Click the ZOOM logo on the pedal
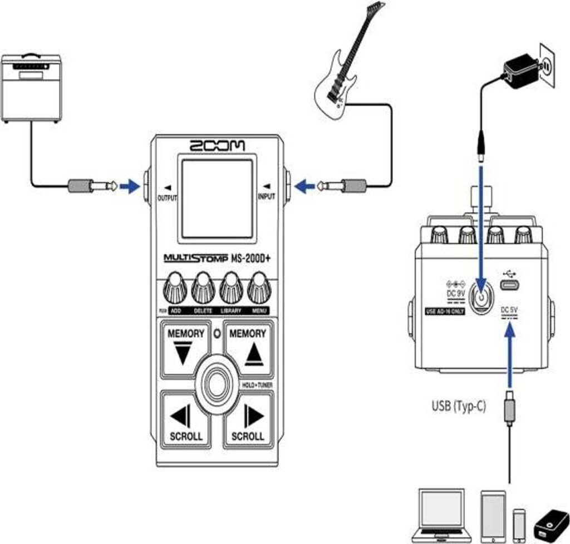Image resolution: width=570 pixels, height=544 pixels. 217,146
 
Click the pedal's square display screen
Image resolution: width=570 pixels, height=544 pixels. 217,199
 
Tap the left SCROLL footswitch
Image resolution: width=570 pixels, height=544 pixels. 186,420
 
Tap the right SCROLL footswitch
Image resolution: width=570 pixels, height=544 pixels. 249,420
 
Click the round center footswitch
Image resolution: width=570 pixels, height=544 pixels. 217,385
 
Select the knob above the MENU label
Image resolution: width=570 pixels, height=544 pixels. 259,288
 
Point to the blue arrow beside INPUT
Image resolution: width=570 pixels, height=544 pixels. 304,186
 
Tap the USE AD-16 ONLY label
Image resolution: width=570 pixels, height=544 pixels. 444,312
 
